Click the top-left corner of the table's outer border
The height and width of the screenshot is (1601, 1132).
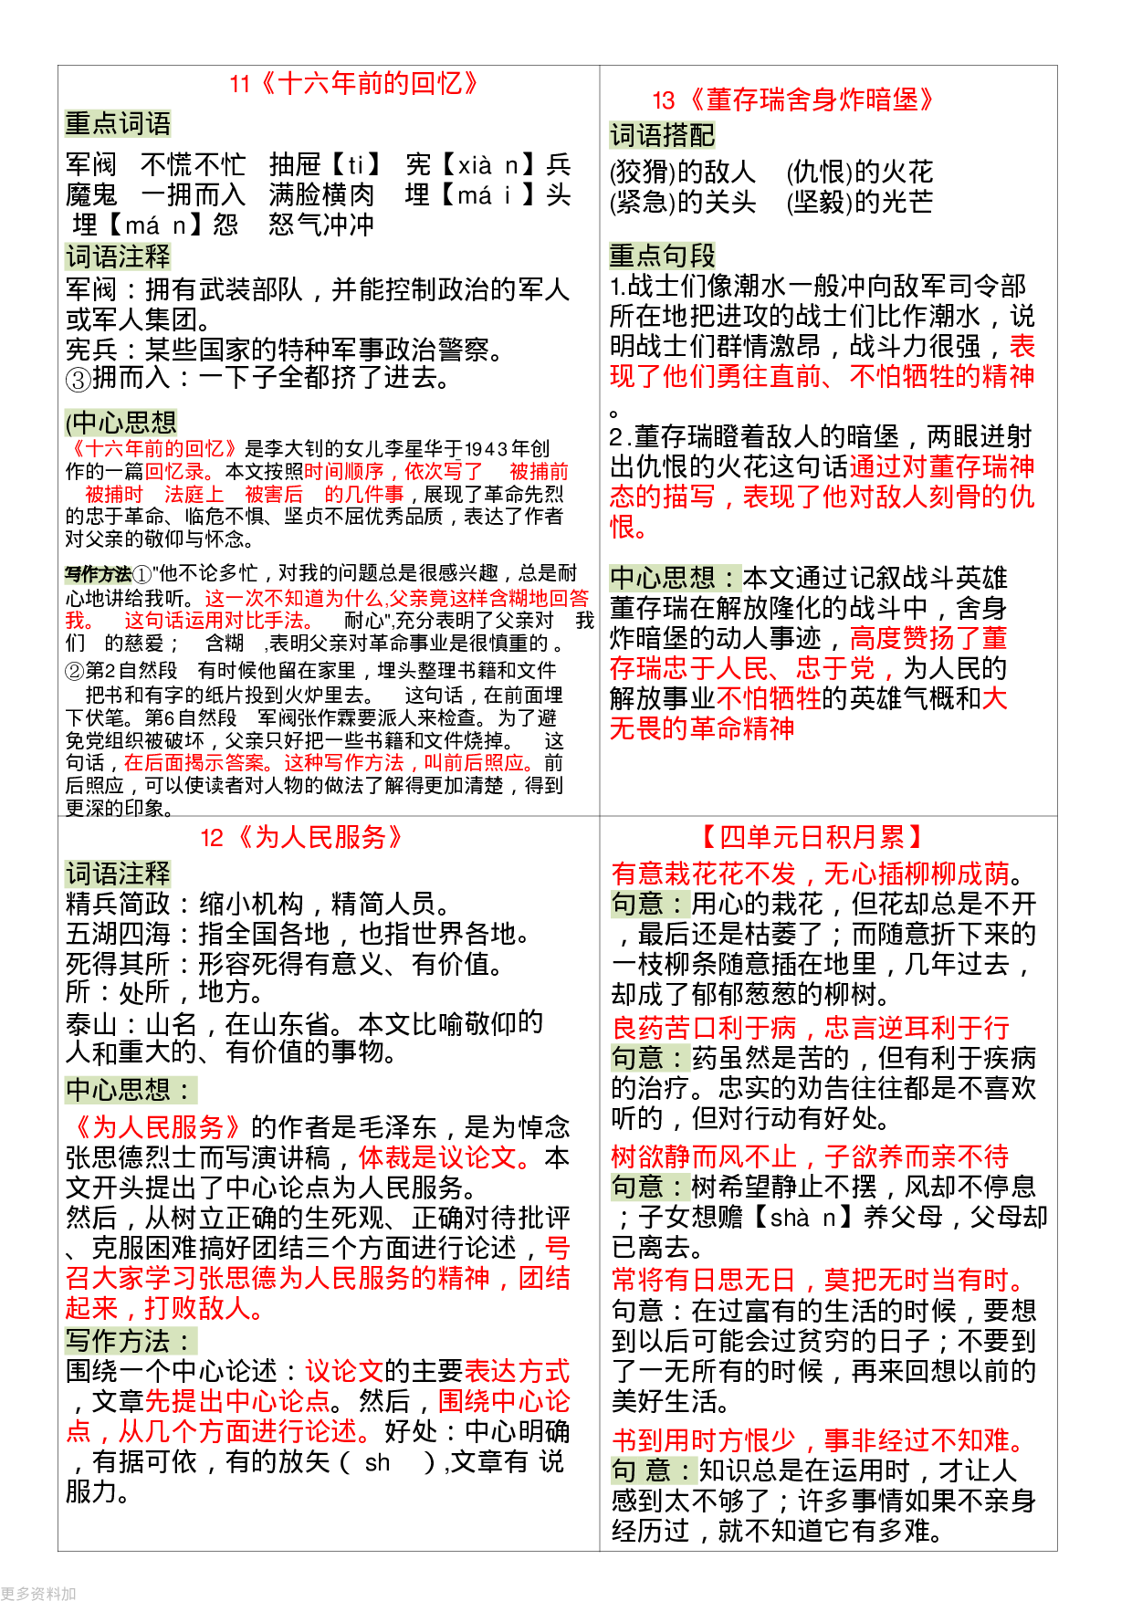click(58, 66)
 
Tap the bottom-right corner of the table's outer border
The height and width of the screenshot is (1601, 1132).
click(1057, 1551)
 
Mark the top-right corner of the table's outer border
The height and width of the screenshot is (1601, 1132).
click(1057, 66)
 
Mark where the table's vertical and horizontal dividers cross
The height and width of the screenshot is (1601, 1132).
click(600, 816)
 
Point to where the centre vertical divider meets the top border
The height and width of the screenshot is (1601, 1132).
click(600, 66)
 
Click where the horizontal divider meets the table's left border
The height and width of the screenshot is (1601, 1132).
click(58, 816)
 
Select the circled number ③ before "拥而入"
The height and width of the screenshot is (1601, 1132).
click(79, 379)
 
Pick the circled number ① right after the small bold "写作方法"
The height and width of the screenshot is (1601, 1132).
click(142, 574)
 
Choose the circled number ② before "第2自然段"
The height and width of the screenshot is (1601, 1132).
click(75, 671)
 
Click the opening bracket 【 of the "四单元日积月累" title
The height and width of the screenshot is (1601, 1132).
click(708, 837)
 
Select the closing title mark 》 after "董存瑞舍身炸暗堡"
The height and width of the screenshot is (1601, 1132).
click(928, 99)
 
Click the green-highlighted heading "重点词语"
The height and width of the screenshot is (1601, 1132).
click(118, 124)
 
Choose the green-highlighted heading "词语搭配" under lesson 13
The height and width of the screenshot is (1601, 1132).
click(662, 136)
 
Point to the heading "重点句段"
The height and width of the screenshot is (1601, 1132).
click(662, 256)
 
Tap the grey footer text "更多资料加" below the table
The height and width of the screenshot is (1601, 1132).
click(38, 1593)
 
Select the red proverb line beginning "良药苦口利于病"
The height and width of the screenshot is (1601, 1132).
click(811, 1028)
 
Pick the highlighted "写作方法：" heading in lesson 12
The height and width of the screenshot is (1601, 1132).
click(131, 1341)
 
